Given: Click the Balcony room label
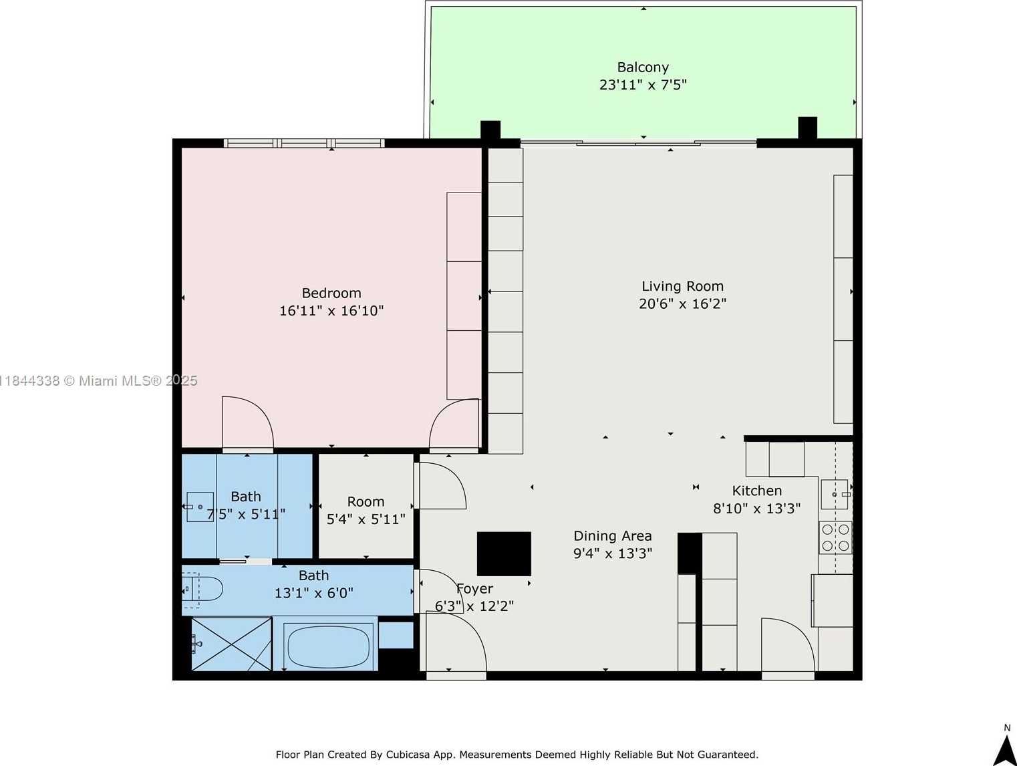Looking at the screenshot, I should (643, 67).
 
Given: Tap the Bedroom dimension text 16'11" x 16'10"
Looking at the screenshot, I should (331, 311).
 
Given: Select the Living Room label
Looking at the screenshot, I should (682, 286).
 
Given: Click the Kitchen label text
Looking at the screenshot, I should (756, 491).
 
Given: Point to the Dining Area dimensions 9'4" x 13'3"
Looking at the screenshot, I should (613, 553).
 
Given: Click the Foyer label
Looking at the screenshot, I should (475, 589).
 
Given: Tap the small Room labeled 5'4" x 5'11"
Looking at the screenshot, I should (366, 509).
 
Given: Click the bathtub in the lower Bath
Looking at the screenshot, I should (327, 646).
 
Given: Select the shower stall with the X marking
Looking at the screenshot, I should (231, 644).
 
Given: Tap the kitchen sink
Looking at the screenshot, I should (835, 494).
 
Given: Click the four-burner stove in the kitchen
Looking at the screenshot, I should (835, 537).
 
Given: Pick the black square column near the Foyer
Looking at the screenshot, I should (504, 553).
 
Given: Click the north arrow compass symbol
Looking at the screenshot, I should (1006, 749).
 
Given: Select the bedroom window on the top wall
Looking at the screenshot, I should (304, 143).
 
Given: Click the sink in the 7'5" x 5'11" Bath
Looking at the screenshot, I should (198, 507).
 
